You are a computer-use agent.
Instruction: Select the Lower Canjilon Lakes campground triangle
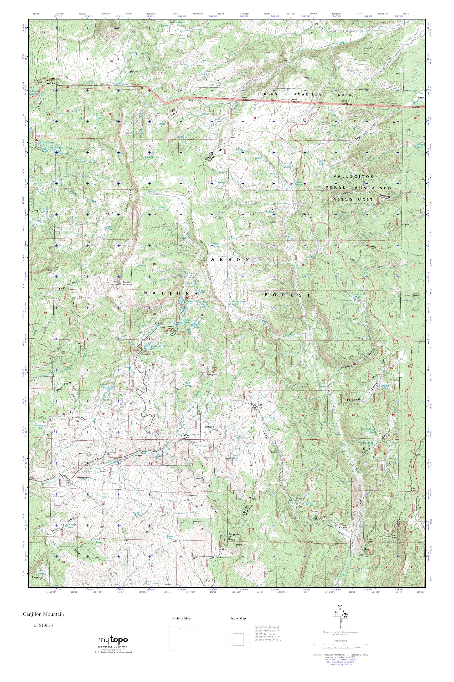point(139,347)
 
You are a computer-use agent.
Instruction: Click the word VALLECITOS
point(354,176)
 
